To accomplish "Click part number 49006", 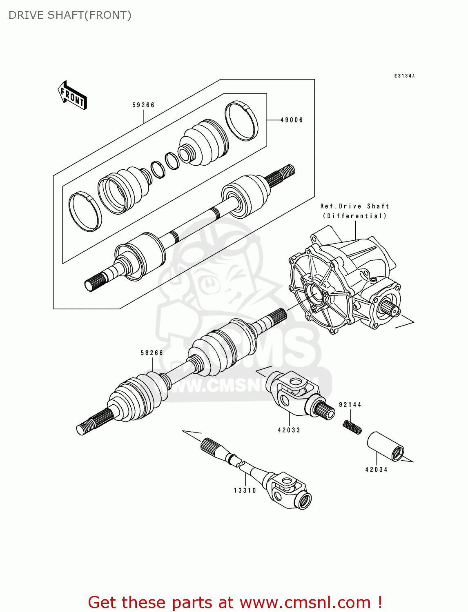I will (292, 120).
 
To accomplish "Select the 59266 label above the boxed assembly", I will (143, 105).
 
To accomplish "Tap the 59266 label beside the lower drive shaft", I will (152, 353).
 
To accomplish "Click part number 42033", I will (289, 430).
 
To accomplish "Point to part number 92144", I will (350, 405).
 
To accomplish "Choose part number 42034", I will (376, 470).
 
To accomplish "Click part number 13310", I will (245, 490).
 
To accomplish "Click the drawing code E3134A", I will (404, 76).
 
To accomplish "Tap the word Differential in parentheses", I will (354, 216).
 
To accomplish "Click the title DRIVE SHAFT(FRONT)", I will (70, 15).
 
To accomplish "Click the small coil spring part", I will (352, 428).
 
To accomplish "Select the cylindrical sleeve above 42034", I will (386, 446).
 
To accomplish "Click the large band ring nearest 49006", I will (241, 121).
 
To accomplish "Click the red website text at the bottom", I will (235, 602).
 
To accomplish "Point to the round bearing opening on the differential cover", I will (316, 294).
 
